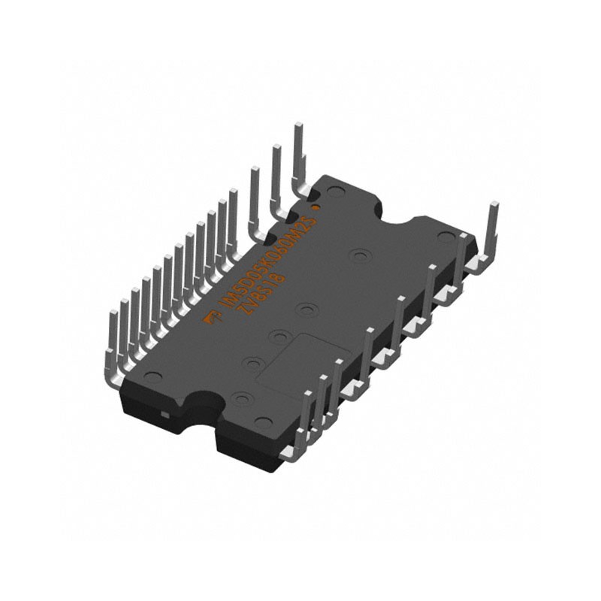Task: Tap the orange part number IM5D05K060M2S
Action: coord(265,264)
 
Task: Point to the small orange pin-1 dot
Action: coord(316,205)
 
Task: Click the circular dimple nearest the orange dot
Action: coord(334,192)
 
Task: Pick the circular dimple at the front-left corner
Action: coord(153,375)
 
